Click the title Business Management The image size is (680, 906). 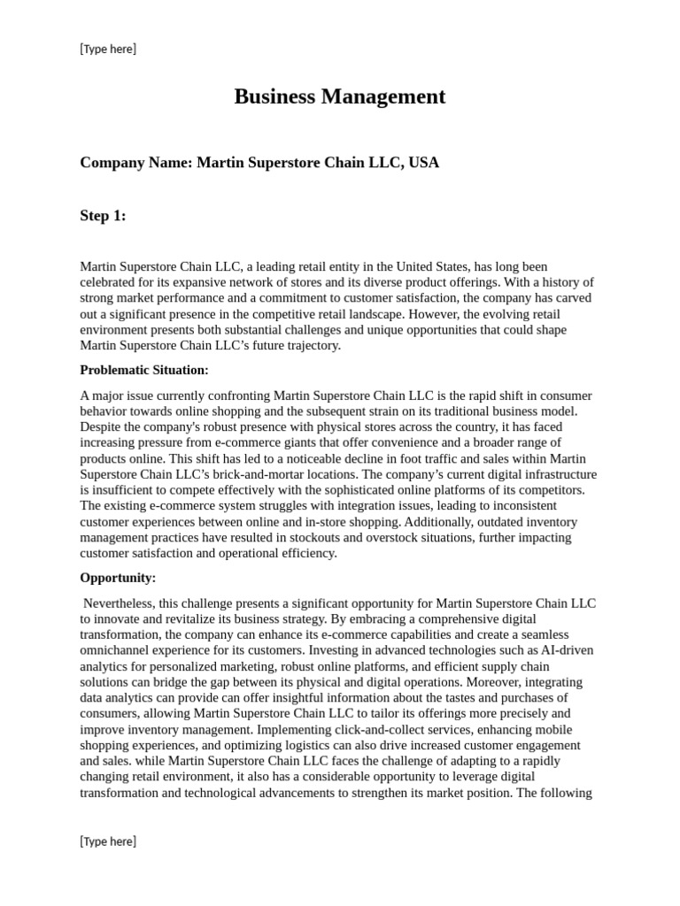click(x=339, y=97)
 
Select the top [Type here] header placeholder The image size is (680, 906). click(x=108, y=49)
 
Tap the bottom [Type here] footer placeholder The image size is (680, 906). click(x=108, y=841)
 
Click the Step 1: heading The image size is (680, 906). click(x=103, y=216)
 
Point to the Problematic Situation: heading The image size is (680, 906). click(x=144, y=370)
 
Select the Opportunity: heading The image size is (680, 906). click(x=118, y=578)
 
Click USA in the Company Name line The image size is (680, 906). click(x=423, y=163)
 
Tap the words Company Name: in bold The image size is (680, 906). click(x=135, y=163)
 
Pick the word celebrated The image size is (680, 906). click(x=111, y=282)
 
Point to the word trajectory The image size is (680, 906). click(x=311, y=345)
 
